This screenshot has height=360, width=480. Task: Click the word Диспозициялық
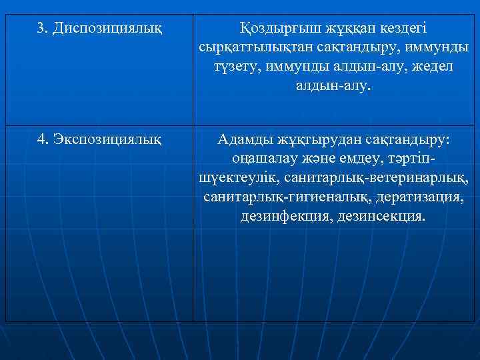[x=107, y=28]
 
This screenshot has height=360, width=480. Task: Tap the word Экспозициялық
[x=108, y=139]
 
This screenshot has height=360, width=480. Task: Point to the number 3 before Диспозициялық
[x=41, y=28]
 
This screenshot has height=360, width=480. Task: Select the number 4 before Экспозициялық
[x=41, y=139]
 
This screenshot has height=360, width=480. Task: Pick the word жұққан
[x=342, y=29]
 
